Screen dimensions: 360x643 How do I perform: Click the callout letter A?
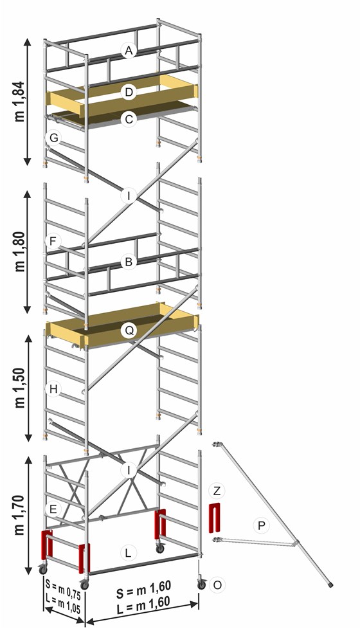[x=129, y=51]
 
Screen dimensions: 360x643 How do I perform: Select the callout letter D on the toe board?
[x=129, y=92]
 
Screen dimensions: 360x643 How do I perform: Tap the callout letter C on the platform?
[x=129, y=120]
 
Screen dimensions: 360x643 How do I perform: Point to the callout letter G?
[x=53, y=138]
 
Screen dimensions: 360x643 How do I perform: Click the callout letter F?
[x=53, y=241]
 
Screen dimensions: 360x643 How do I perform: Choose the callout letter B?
[x=129, y=262]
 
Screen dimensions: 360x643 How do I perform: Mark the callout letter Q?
[x=129, y=331]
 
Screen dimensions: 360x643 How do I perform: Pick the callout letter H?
[x=53, y=389]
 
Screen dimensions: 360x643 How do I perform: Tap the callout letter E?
[x=53, y=509]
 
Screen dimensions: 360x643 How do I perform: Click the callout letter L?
[x=129, y=553]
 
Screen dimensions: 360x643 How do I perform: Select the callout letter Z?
[x=217, y=491]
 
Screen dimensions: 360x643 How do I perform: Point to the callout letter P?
[x=260, y=525]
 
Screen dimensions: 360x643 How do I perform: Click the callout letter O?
[x=217, y=585]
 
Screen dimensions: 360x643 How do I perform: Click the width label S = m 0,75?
[x=64, y=584]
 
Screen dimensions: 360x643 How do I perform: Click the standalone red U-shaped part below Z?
[x=215, y=518]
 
